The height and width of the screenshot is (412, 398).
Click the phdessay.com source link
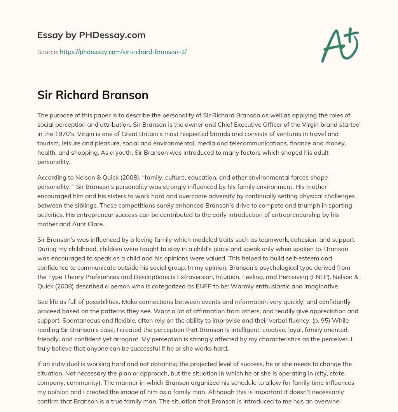pyautogui.click(x=123, y=52)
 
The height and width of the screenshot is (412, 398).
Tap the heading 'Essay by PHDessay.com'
pyautogui.click(x=91, y=35)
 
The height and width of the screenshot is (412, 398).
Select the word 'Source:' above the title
pyautogui.click(x=48, y=52)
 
